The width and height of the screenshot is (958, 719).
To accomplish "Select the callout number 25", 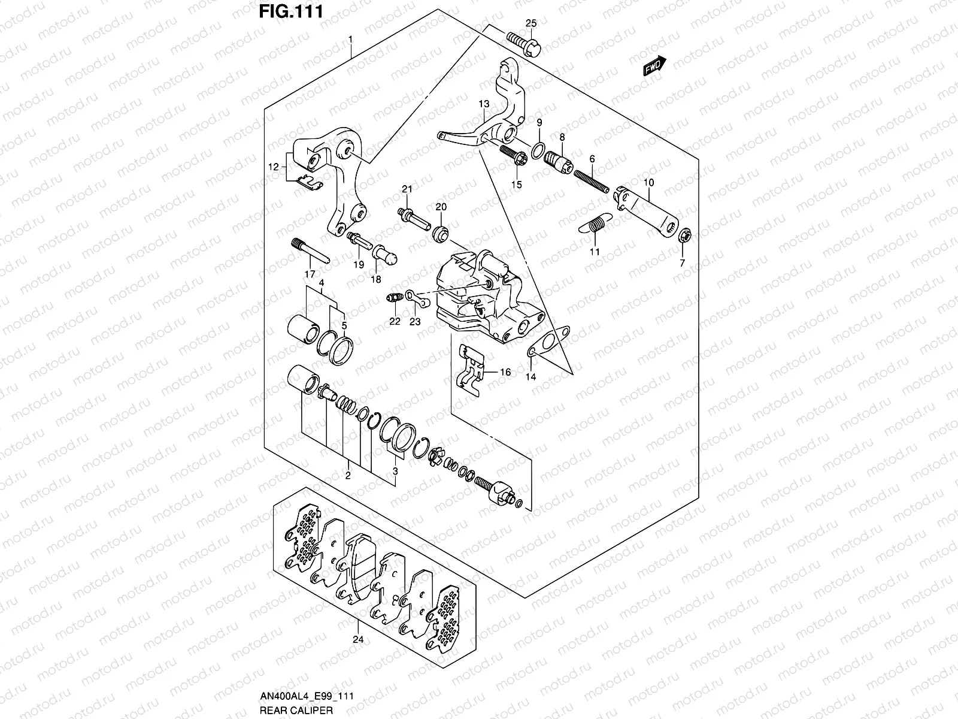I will click(532, 23).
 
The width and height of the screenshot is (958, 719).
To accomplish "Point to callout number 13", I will click(484, 104).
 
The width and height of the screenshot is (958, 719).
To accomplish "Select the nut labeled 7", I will click(684, 235).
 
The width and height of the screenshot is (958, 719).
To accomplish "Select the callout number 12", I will click(273, 168).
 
